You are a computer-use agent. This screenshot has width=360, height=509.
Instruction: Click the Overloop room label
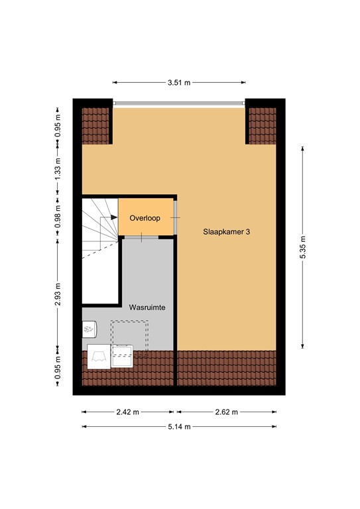[x=145, y=217]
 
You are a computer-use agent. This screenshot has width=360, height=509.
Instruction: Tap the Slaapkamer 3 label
[x=227, y=233]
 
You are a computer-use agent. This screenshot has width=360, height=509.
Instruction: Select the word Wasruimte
[x=147, y=308]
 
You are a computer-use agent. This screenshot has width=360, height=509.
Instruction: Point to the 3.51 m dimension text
[x=179, y=83]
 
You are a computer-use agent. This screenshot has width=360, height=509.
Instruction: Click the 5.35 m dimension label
[x=303, y=249]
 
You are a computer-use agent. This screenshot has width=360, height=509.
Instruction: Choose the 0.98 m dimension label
[x=58, y=217]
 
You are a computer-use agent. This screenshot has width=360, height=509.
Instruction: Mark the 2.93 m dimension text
[x=58, y=292]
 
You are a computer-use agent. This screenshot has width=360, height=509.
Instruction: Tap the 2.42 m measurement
[x=128, y=412]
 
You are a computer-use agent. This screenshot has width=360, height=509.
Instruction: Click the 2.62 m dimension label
[x=226, y=412]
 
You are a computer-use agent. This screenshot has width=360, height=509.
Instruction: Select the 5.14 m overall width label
[x=178, y=427]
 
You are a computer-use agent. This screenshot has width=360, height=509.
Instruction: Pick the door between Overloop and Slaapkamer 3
[x=176, y=217]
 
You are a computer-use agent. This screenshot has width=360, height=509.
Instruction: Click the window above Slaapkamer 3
[x=179, y=103]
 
